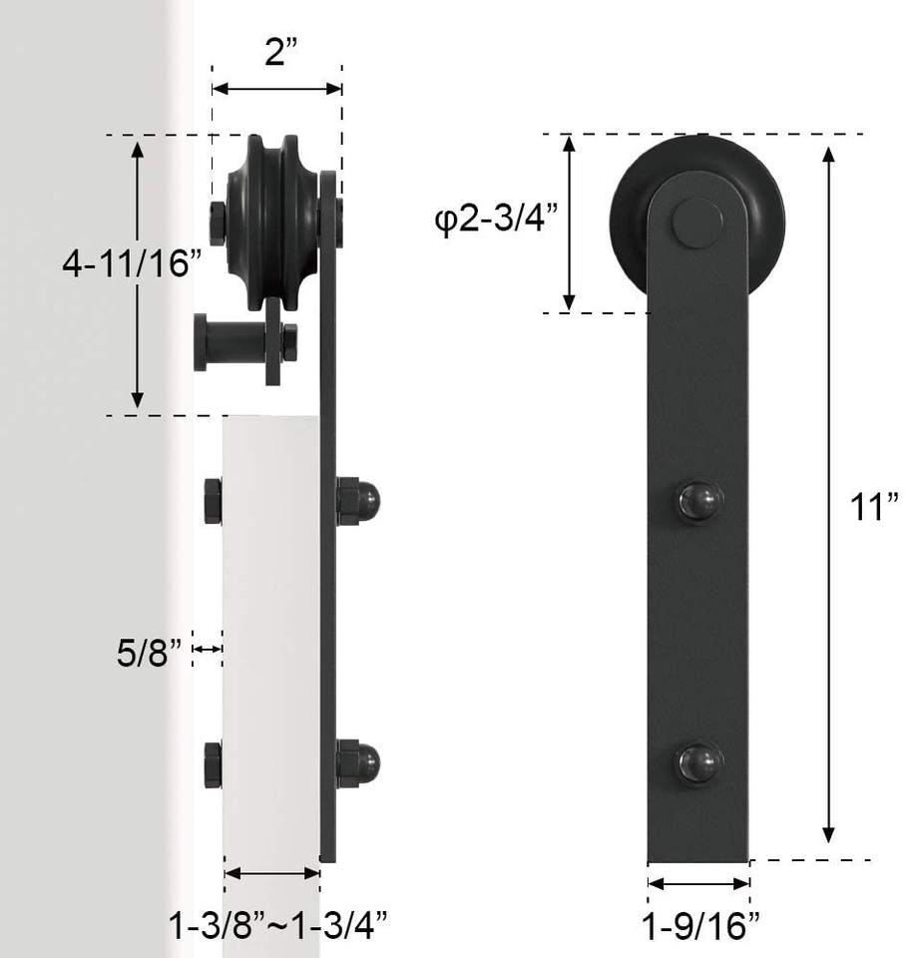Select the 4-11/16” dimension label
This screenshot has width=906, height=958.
pyautogui.click(x=132, y=263)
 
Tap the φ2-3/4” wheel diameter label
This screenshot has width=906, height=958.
pyautogui.click(x=496, y=219)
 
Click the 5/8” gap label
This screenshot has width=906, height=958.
pyautogui.click(x=150, y=653)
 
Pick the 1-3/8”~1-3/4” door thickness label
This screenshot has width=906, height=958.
pyautogui.click(x=278, y=925)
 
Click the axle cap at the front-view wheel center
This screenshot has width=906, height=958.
pyautogui.click(x=697, y=223)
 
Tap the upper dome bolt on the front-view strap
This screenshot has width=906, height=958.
pyautogui.click(x=700, y=502)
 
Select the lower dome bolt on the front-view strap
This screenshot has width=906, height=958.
pyautogui.click(x=700, y=763)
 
